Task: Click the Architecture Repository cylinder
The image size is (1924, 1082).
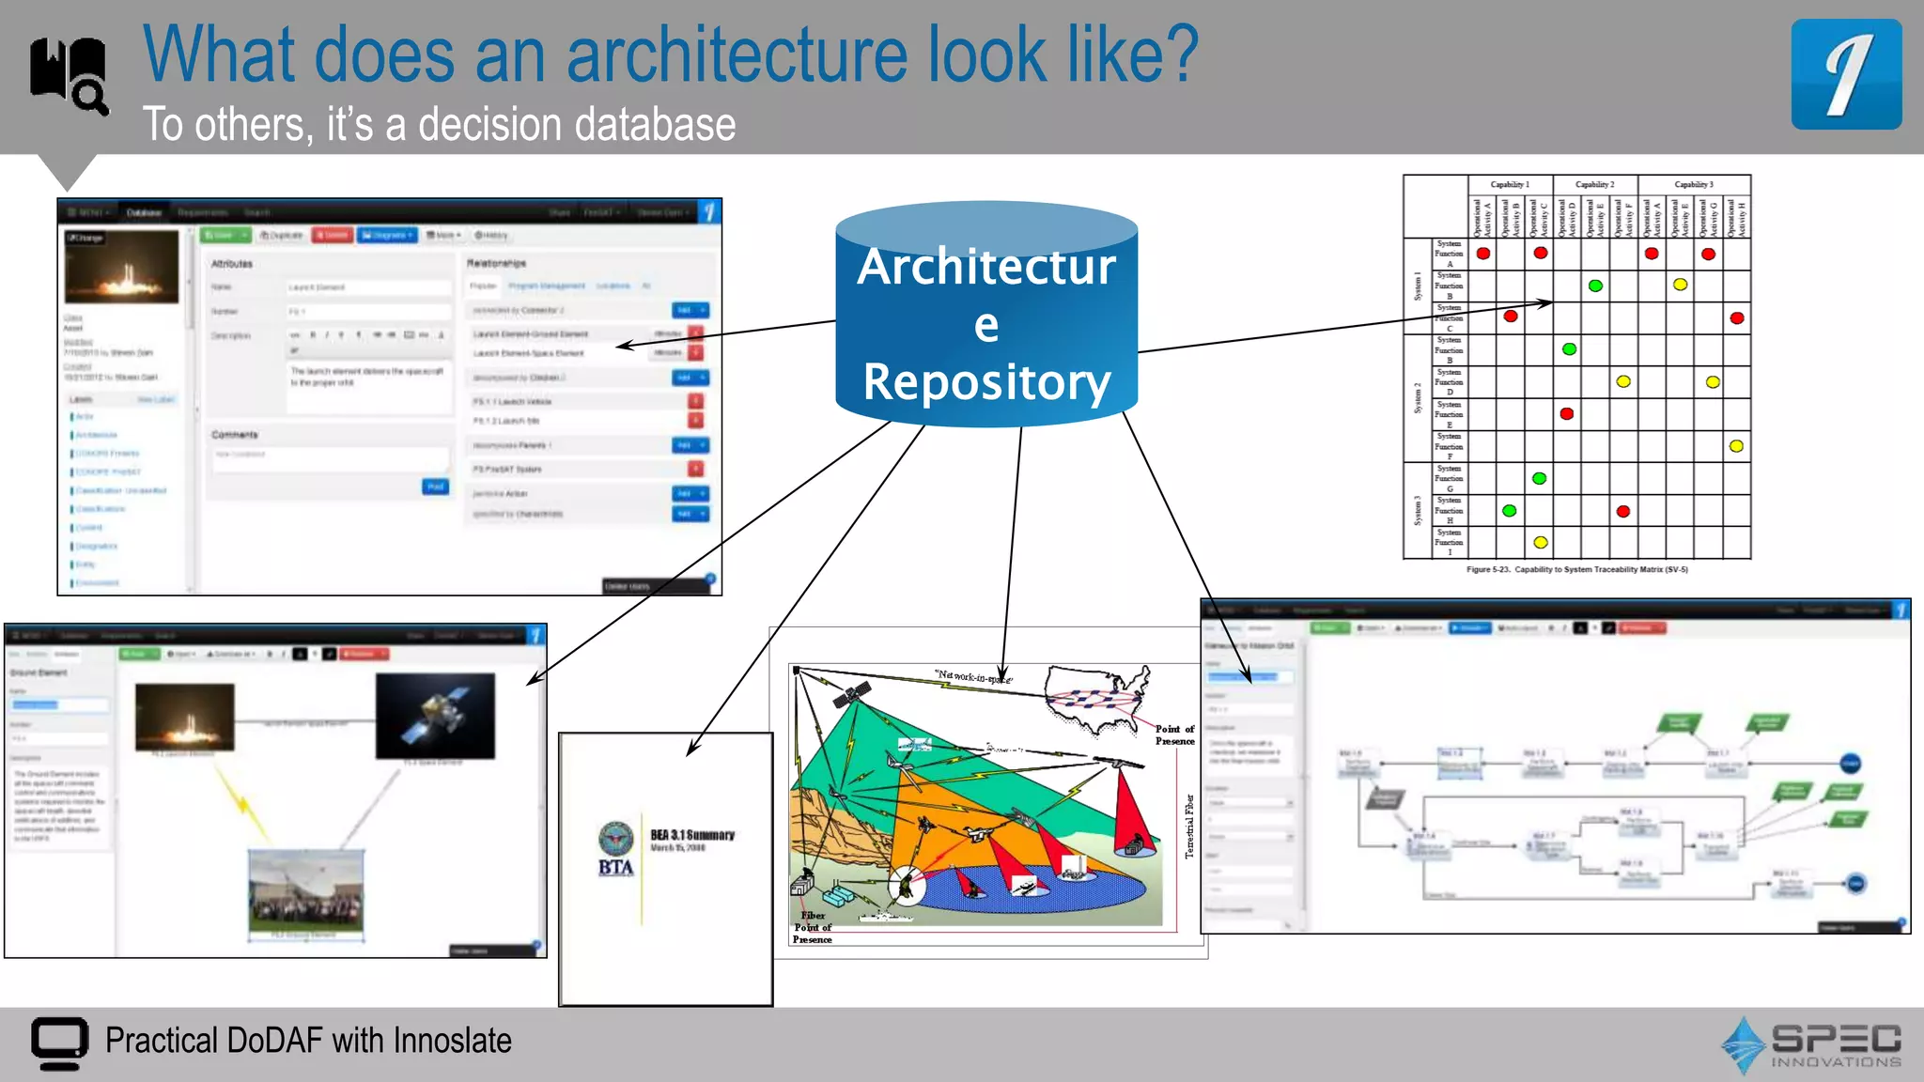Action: [x=986, y=319]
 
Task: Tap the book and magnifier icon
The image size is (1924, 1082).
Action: [x=69, y=75]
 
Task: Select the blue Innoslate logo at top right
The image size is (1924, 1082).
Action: [x=1846, y=75]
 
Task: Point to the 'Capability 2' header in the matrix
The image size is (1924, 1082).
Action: [x=1594, y=184]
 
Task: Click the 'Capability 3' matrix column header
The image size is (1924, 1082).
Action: [x=1693, y=184]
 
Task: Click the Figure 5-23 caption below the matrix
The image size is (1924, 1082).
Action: [x=1576, y=569]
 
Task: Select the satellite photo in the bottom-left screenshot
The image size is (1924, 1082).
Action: [x=435, y=716]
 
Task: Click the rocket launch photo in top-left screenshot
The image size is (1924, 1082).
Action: [x=121, y=267]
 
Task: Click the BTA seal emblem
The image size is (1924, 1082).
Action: [x=616, y=839]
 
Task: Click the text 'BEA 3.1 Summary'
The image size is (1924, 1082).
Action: [x=692, y=835]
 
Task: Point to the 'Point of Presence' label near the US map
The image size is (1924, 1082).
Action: [x=1174, y=734]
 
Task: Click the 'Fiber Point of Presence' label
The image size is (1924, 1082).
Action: [x=813, y=927]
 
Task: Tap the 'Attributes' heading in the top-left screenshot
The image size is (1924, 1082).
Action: [x=231, y=264]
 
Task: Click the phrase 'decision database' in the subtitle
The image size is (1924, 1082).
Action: [x=577, y=125]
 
